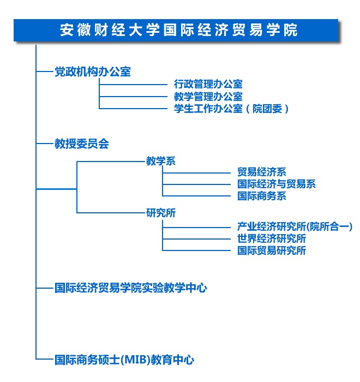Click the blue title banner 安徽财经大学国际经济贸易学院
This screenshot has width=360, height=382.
pyautogui.click(x=176, y=30)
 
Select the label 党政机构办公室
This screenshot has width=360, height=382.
pyautogui.click(x=93, y=71)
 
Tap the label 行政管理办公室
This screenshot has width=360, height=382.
pyautogui.click(x=208, y=84)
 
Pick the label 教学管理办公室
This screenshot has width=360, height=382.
pyautogui.click(x=208, y=97)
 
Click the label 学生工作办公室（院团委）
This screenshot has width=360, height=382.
pyautogui.click(x=231, y=109)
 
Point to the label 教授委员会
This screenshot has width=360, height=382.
pyautogui.click(x=82, y=144)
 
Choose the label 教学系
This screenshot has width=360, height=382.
pyautogui.click(x=161, y=161)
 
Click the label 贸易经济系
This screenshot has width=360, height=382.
pyautogui.click(x=262, y=172)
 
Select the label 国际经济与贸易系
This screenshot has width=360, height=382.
pyautogui.click(x=277, y=184)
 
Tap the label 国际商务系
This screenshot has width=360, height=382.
pyautogui.click(x=262, y=196)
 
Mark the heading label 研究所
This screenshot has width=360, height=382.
pyautogui.click(x=161, y=213)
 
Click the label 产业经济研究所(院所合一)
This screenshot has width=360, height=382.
pyautogui.click(x=295, y=226)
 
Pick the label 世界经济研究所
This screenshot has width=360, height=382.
pyautogui.click(x=272, y=238)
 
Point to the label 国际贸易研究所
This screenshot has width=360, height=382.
pyautogui.click(x=272, y=250)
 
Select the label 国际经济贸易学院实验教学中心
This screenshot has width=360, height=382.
pyautogui.click(x=131, y=288)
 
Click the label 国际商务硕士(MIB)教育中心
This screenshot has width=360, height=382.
pyautogui.click(x=124, y=360)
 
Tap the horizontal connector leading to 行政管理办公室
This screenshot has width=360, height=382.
pyautogui.click(x=133, y=85)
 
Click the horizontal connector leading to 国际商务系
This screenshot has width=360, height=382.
pyautogui.click(x=196, y=195)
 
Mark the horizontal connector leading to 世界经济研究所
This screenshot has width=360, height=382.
pyautogui.click(x=196, y=239)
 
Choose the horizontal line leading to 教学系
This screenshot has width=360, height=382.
pyautogui.click(x=111, y=162)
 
